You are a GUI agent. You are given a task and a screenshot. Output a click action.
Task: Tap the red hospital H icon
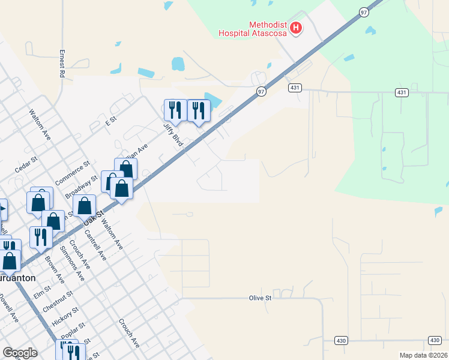coord(295,27)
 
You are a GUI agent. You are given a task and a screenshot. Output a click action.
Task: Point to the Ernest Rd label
coord(61,63)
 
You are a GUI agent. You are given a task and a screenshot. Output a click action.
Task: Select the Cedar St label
coord(26,164)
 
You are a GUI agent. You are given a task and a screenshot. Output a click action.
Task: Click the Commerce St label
coord(72,173)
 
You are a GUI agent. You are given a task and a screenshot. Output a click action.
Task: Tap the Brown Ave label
coord(55,270)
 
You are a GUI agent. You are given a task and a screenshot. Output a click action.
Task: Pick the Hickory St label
coord(65,314)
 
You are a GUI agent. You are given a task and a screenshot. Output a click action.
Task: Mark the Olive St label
coord(261,298)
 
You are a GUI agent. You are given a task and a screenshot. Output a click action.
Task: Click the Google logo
coord(20,353)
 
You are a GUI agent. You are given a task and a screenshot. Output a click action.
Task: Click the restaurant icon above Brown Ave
coord(41,237)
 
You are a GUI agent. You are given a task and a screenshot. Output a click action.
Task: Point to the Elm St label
coord(43,292)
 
